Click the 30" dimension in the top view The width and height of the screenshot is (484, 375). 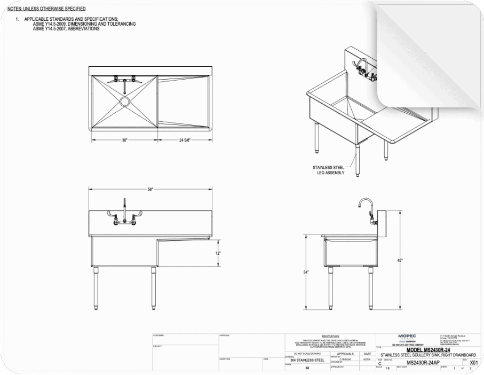[x=124, y=140]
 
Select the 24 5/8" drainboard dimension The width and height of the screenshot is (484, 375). [x=185, y=140]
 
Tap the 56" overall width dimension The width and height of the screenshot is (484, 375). [x=150, y=189]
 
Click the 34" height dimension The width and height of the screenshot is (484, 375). [x=306, y=272]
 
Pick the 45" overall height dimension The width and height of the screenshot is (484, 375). [x=400, y=260]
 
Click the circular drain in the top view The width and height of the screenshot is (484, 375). [x=124, y=101]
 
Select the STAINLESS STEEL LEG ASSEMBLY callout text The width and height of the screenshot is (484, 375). [x=328, y=170]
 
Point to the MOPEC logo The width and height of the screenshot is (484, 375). [x=407, y=337]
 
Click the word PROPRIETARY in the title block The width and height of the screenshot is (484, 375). [x=330, y=336]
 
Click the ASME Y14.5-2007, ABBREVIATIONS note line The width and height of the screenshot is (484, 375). [x=66, y=29]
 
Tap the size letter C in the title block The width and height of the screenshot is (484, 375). [x=379, y=363]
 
